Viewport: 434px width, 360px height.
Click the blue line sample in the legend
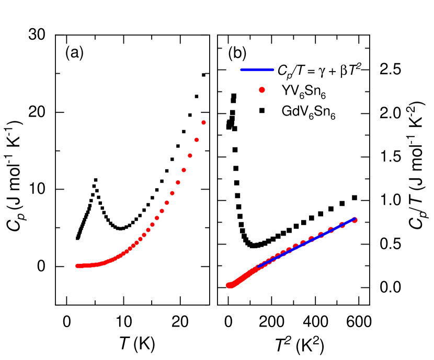pyautogui.click(x=257, y=70)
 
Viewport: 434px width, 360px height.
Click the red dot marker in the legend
pyautogui.click(x=262, y=90)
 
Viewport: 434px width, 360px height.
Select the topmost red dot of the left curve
pyautogui.click(x=203, y=123)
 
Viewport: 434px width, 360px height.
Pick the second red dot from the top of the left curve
pyautogui.click(x=197, y=140)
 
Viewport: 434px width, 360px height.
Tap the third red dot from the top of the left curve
pyautogui.click(x=190, y=156)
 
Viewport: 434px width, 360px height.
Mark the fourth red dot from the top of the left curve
pyautogui.click(x=184, y=170)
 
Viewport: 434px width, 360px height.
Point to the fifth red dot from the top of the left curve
pyautogui.click(x=178, y=182)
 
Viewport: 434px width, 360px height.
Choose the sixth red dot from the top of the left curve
pyautogui.click(x=172, y=193)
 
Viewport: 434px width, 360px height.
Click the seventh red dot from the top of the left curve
pyautogui.click(x=167, y=203)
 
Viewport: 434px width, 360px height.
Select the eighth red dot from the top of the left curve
pyautogui.click(x=162, y=211)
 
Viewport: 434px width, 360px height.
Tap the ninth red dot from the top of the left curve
pyautogui.click(x=157, y=218)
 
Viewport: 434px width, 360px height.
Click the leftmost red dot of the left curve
pyautogui.click(x=77, y=266)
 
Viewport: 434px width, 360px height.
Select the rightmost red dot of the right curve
pyautogui.click(x=355, y=220)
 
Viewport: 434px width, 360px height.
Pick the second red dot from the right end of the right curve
pyautogui.click(x=342, y=225)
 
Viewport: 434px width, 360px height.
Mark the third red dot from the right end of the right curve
pyautogui.click(x=330, y=229)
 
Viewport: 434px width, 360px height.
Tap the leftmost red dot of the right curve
pyautogui.click(x=229, y=285)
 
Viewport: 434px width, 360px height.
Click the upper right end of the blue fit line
pyautogui.click(x=355, y=218)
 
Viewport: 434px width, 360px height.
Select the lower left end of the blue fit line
pyautogui.click(x=258, y=267)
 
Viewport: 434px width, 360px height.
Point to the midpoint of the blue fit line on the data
pyautogui.click(x=307, y=242)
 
